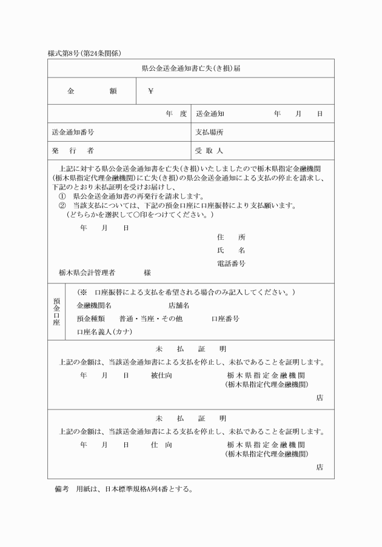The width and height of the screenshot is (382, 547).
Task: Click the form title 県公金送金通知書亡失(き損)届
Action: click(x=190, y=68)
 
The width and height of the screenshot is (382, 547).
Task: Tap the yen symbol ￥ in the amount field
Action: click(x=151, y=91)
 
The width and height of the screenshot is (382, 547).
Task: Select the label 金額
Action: click(x=92, y=91)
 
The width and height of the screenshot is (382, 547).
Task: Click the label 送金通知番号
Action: click(x=73, y=131)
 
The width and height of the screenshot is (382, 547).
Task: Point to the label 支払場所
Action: click(x=209, y=131)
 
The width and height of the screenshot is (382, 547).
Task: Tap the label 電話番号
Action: click(x=231, y=264)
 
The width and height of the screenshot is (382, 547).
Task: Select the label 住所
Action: click(x=231, y=237)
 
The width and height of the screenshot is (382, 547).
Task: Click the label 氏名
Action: click(x=231, y=250)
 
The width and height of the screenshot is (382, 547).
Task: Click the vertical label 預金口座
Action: click(x=56, y=311)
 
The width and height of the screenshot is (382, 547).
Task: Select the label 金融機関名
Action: click(x=94, y=305)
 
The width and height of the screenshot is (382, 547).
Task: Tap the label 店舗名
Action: click(x=179, y=305)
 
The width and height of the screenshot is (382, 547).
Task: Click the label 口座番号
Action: click(x=225, y=318)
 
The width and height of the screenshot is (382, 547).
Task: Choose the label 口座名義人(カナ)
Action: click(x=104, y=332)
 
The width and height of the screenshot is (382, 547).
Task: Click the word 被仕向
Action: click(x=161, y=376)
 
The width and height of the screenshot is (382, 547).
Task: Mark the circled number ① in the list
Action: click(x=62, y=196)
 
